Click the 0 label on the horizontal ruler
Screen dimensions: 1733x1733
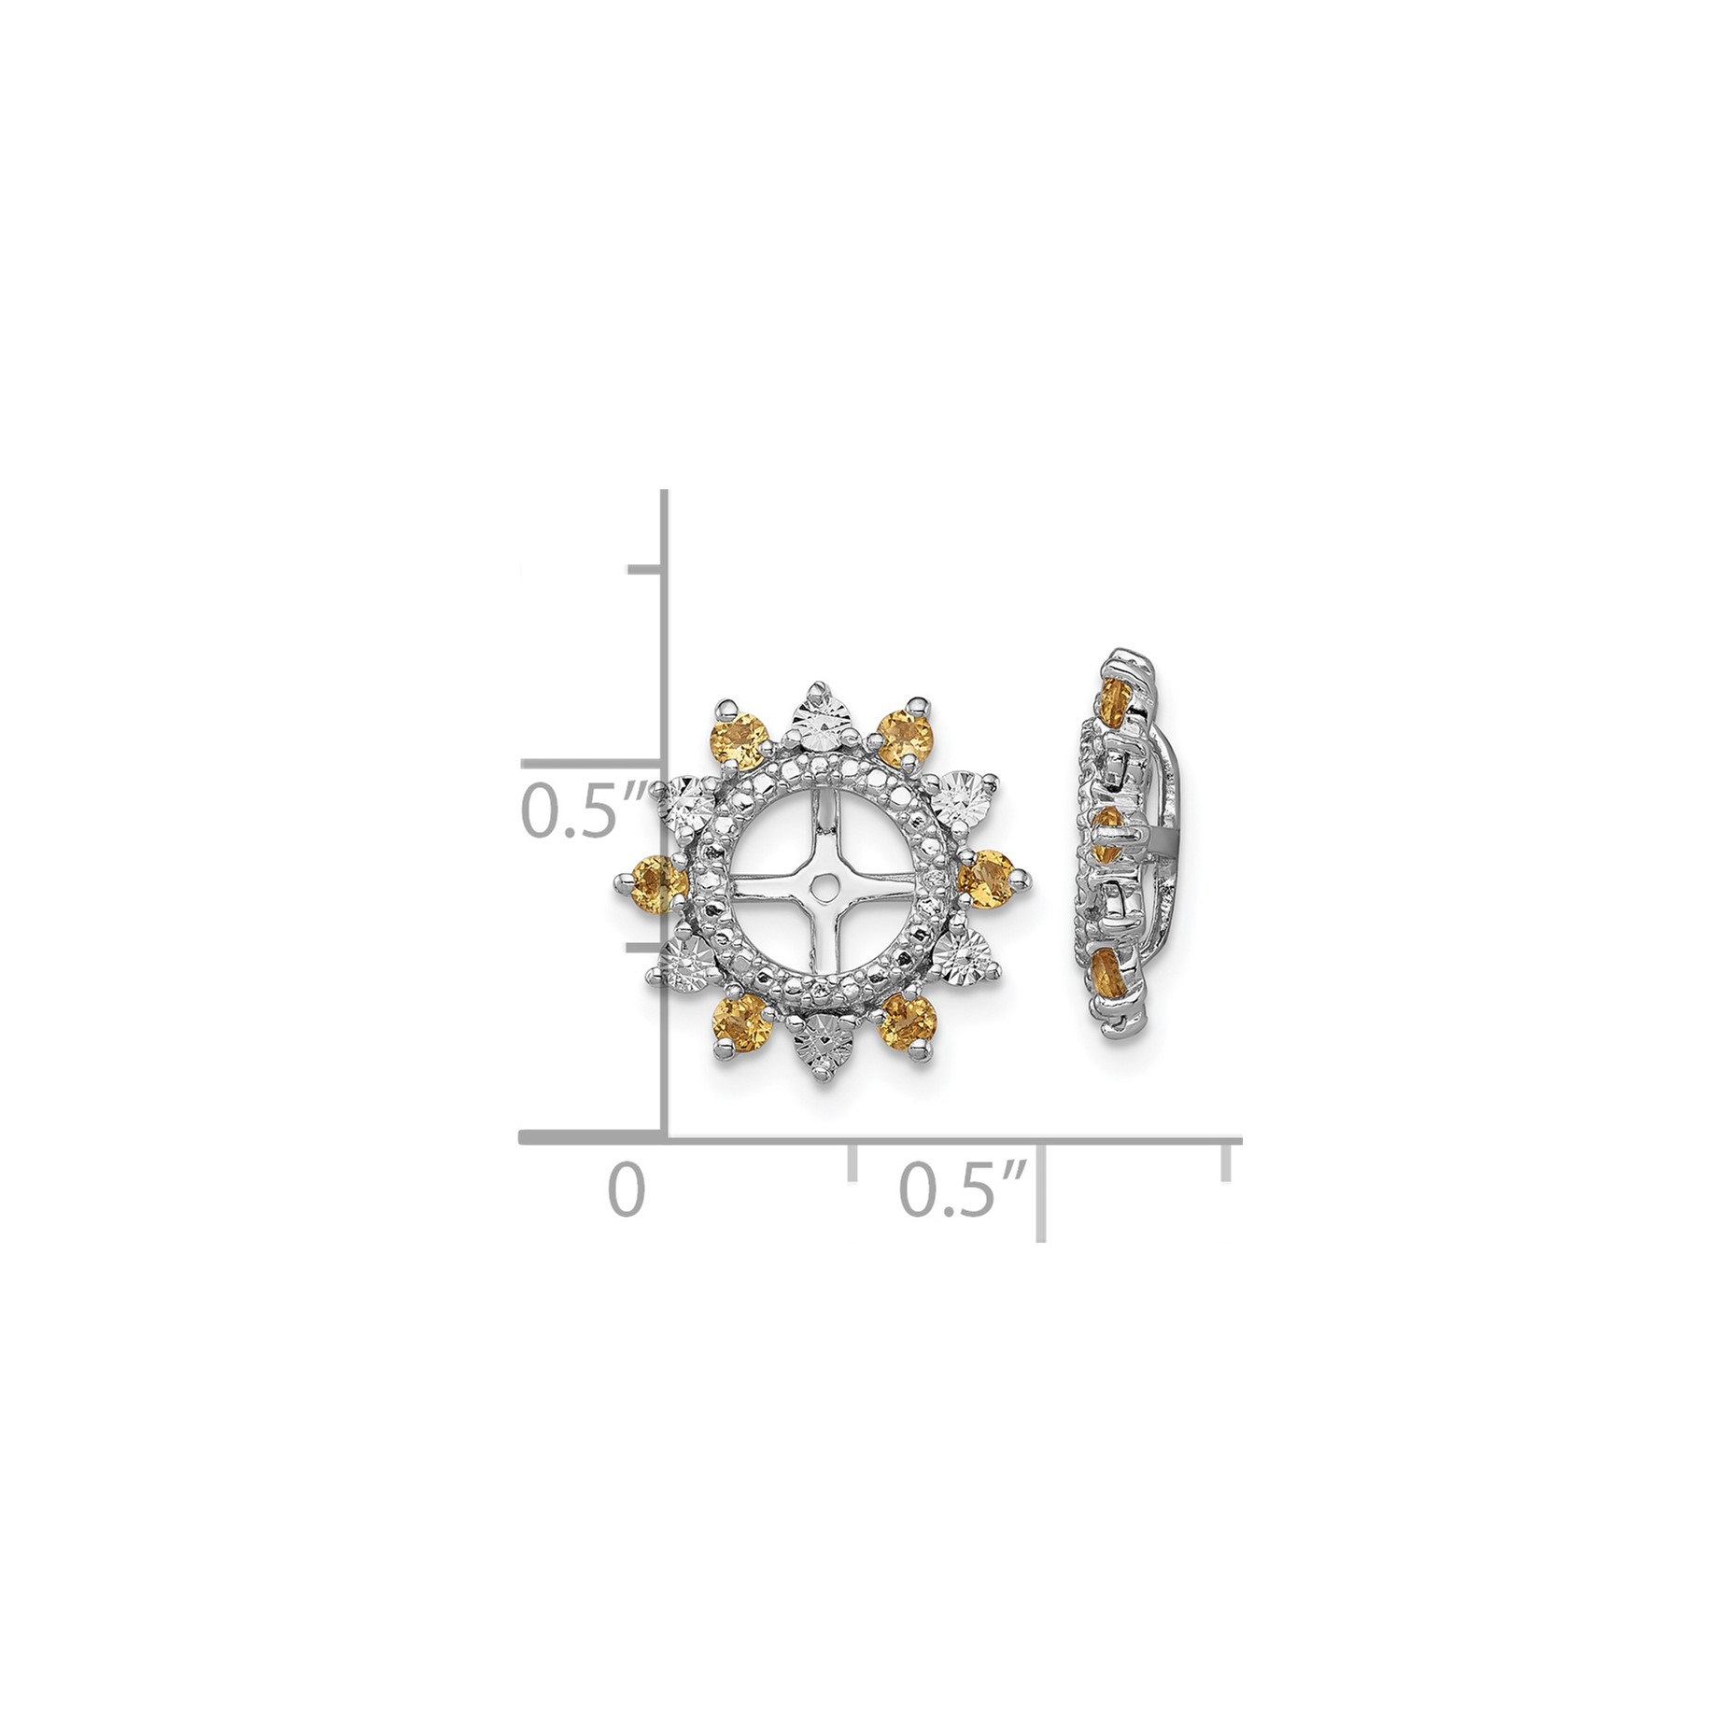(x=627, y=1192)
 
